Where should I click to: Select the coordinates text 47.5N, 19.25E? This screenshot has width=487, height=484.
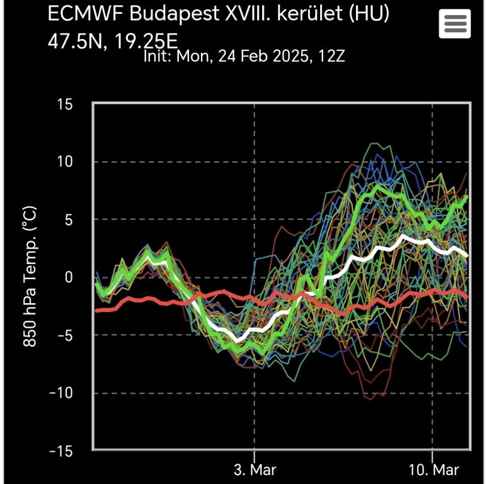click(x=112, y=41)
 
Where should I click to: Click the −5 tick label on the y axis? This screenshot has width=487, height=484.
click(x=63, y=335)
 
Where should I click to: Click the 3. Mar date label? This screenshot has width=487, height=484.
click(x=255, y=470)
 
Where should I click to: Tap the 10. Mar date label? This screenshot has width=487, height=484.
click(x=432, y=470)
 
